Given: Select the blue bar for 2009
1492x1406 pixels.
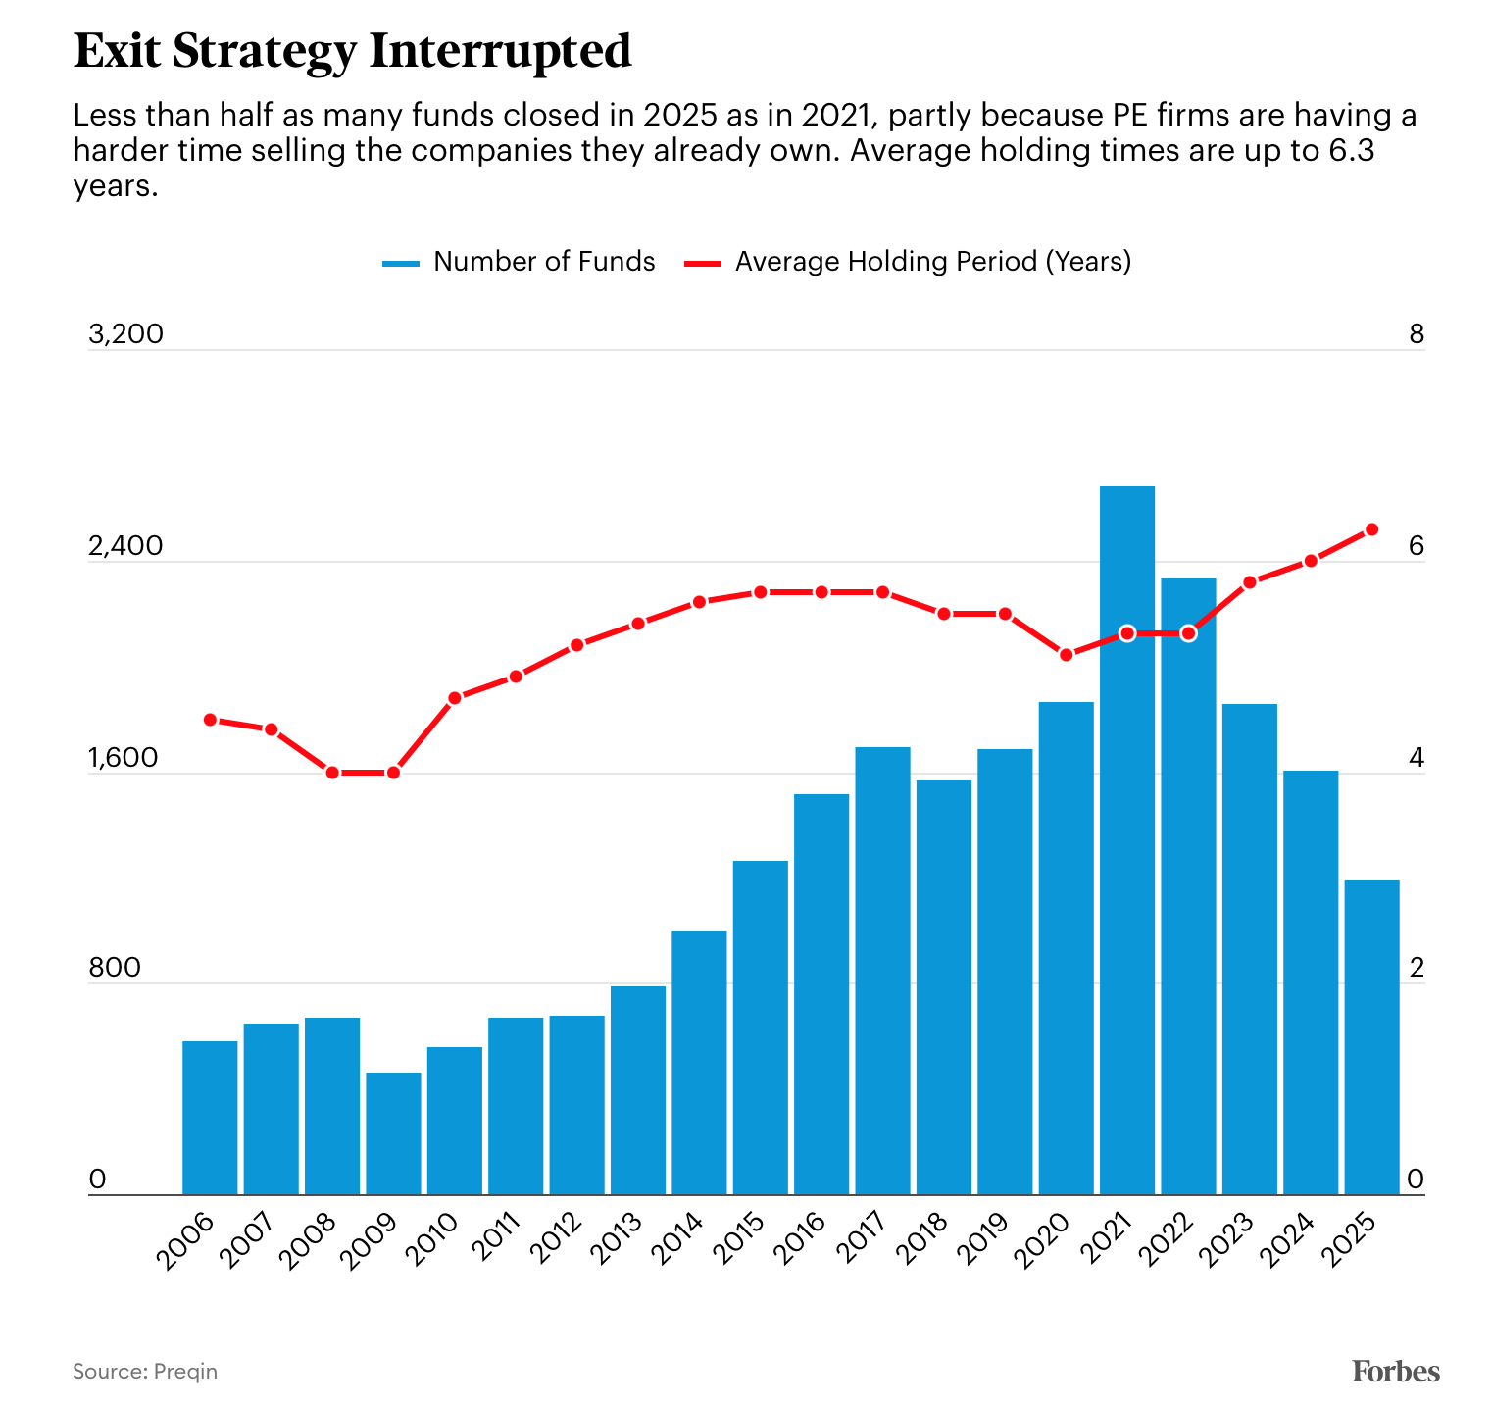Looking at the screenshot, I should [x=393, y=1133].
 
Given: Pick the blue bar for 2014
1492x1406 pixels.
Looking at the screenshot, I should [x=699, y=1063].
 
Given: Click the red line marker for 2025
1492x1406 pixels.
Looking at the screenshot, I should [x=1371, y=529].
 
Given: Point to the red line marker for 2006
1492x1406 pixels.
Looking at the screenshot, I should [x=210, y=720].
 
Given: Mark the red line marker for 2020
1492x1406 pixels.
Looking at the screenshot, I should [x=1066, y=655].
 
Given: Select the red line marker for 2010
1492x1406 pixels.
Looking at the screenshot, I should [x=455, y=698].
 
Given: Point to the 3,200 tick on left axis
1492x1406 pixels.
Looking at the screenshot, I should [x=125, y=334].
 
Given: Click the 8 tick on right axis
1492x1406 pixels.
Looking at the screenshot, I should [x=1416, y=334].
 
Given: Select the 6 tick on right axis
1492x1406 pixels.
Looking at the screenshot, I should [x=1416, y=546].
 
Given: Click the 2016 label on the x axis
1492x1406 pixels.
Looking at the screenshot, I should [x=797, y=1241].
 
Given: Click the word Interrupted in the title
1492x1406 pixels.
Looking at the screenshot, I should [x=500, y=51].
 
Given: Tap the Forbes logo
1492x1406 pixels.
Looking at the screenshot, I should [x=1395, y=1371].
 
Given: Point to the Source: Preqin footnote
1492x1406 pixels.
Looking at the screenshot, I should [x=145, y=1371].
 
